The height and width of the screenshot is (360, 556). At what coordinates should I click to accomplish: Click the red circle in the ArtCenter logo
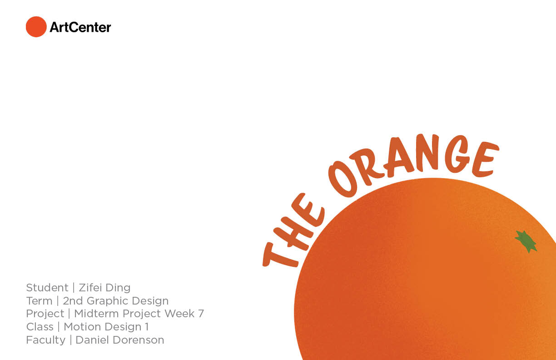[36, 27]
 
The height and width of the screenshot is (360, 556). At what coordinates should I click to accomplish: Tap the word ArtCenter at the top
[80, 27]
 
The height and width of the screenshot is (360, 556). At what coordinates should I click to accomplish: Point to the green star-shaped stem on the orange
[526, 241]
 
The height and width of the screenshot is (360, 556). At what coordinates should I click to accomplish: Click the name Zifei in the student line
[90, 288]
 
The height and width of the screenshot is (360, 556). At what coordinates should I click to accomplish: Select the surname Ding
[118, 288]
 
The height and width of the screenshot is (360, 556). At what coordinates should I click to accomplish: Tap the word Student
[47, 288]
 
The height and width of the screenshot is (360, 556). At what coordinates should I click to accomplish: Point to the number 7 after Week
[201, 314]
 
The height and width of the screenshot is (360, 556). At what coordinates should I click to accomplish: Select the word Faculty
[46, 340]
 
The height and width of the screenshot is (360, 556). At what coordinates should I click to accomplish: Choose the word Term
[39, 301]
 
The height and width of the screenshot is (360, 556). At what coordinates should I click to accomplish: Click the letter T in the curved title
[279, 255]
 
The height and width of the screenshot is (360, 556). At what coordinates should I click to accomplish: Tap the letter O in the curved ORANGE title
[343, 180]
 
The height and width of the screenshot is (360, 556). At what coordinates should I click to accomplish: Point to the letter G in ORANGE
[456, 154]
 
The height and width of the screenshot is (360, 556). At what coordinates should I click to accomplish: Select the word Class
[40, 327]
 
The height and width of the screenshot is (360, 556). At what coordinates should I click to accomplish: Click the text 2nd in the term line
[73, 301]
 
